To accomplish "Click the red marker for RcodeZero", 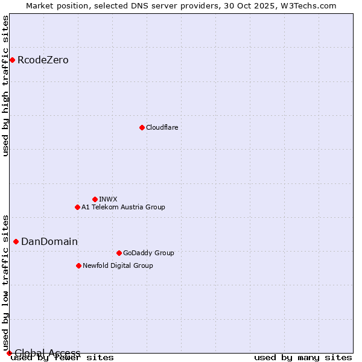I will (12, 60).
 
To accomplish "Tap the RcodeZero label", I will (43, 60).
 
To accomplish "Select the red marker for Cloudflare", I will (142, 127).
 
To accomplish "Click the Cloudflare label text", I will (162, 127).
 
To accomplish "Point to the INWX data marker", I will (95, 199).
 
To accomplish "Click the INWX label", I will (108, 199).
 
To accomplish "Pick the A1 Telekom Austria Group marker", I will (77, 207).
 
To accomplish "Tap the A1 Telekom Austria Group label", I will (123, 207).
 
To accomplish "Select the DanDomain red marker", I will (16, 241).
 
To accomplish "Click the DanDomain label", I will (49, 242).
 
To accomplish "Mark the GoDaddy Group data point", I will (119, 253).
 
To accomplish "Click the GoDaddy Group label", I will (148, 253).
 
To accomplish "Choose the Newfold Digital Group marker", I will (78, 265).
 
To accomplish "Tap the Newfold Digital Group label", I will (118, 265).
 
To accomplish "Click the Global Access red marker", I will (9, 353).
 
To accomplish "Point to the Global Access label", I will (47, 353).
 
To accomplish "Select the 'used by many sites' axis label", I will (303, 357).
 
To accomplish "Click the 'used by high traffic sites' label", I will (6, 86).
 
